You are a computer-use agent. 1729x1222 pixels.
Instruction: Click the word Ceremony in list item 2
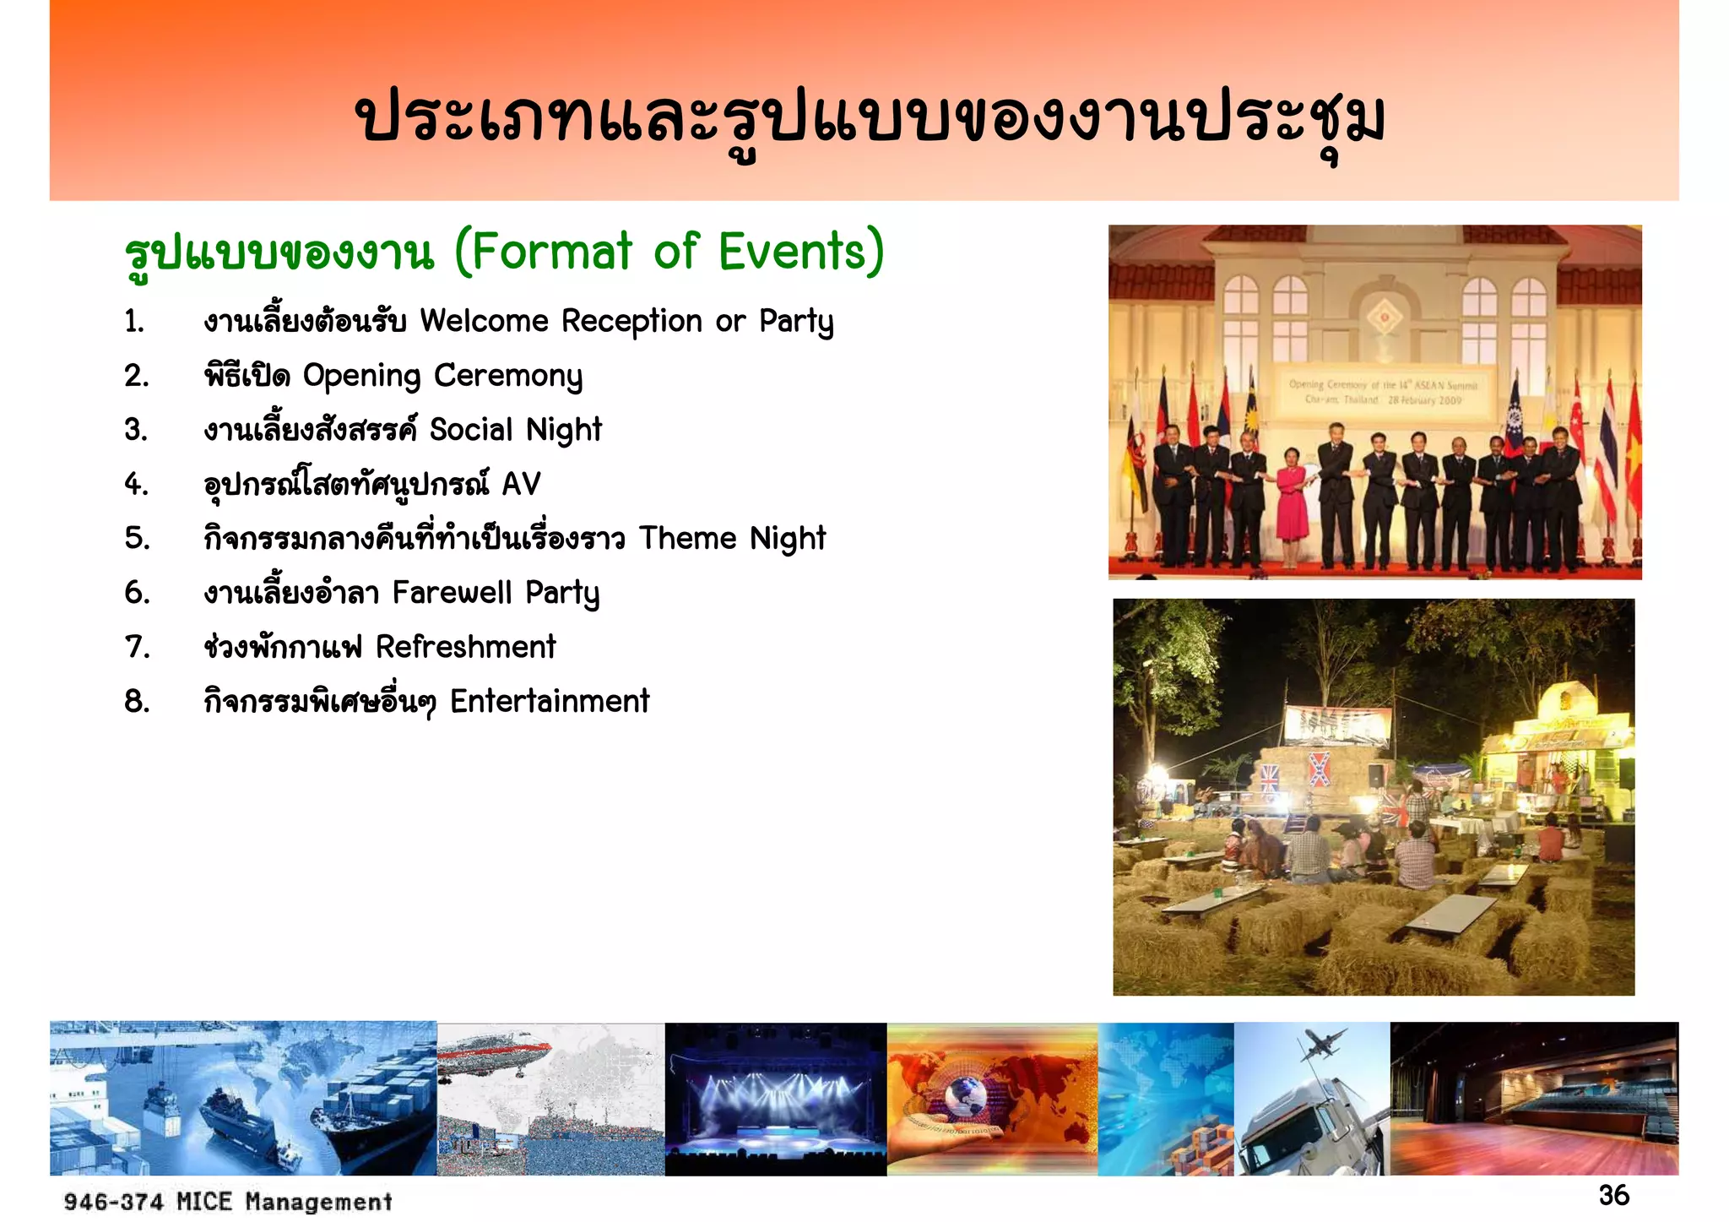[507, 376]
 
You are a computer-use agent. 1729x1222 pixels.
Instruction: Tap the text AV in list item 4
[521, 484]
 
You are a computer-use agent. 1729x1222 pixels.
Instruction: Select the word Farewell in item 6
[452, 593]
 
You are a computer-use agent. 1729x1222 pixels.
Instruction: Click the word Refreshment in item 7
[465, 647]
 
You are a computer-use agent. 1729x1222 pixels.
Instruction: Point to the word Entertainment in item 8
[550, 701]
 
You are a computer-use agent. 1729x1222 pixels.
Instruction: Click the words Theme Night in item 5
[732, 538]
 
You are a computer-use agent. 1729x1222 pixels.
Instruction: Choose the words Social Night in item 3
[515, 430]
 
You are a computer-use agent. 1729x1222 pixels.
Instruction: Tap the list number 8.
[137, 701]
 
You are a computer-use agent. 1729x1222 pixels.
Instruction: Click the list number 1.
[134, 322]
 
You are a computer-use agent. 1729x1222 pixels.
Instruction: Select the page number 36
[1613, 1195]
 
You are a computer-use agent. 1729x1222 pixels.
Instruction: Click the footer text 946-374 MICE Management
[228, 1201]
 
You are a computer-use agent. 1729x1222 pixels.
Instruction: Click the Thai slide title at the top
[870, 118]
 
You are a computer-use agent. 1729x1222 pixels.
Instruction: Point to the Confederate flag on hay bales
[1319, 768]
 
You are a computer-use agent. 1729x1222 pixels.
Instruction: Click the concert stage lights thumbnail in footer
[775, 1099]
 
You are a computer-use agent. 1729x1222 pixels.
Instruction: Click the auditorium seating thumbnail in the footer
[1534, 1099]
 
